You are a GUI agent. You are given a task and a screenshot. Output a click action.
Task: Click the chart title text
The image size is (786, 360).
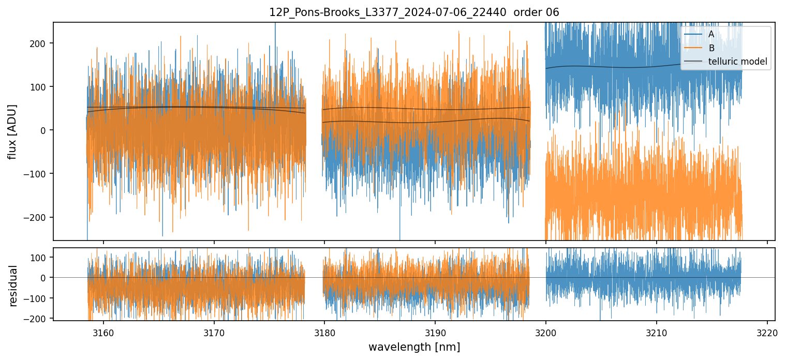(x=414, y=12)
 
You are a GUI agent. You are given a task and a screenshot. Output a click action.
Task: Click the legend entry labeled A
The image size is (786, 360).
(x=711, y=34)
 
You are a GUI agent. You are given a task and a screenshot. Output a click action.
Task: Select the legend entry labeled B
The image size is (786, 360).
(x=711, y=48)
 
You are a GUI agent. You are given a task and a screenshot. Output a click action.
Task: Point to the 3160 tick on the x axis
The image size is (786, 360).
(x=103, y=332)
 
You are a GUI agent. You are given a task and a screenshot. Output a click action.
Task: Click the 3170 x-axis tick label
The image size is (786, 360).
(x=214, y=332)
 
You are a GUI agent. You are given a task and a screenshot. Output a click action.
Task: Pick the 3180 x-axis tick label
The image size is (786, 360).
(x=324, y=332)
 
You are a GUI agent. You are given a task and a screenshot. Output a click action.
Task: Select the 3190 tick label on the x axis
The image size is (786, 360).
(x=435, y=332)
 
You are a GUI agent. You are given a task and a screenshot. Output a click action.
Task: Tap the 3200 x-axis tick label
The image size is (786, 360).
(x=546, y=332)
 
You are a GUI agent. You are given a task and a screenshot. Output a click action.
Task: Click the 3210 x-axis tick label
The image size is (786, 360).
(x=657, y=332)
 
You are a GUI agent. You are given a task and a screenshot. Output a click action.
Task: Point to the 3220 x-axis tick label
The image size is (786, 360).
(x=767, y=332)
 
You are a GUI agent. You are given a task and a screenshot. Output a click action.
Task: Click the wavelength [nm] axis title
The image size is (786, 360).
(x=414, y=347)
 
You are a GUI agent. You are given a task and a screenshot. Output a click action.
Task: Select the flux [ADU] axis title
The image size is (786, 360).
(x=12, y=131)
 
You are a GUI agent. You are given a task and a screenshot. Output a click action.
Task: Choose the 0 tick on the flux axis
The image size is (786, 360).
(x=43, y=130)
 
